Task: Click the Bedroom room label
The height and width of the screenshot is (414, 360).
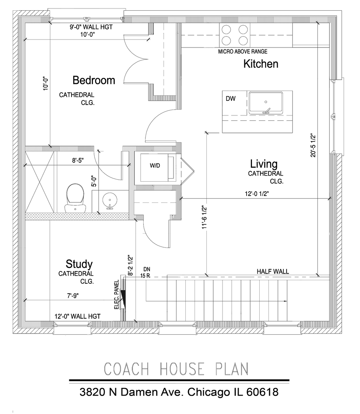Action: [x=94, y=80]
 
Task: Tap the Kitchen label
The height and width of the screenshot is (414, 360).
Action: [x=261, y=64]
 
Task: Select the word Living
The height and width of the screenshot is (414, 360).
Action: [x=264, y=164]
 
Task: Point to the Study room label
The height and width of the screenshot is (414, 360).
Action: [x=79, y=264]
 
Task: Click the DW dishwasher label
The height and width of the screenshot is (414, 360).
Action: [x=231, y=99]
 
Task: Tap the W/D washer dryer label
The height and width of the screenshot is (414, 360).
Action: [x=155, y=166]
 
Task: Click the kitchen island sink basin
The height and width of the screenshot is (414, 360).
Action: [x=266, y=103]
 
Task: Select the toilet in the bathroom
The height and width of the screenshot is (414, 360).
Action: [x=75, y=198]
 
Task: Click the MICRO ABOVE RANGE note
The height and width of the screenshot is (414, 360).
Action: [x=243, y=52]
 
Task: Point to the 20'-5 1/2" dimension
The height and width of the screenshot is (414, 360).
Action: [x=313, y=146]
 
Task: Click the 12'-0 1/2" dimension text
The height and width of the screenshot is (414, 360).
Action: [x=257, y=194]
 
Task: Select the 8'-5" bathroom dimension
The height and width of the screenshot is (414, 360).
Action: [x=78, y=161]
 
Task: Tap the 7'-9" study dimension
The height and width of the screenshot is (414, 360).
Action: [x=73, y=296]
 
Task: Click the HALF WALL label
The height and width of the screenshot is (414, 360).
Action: [x=273, y=272]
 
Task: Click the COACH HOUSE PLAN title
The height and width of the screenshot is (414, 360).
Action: [x=176, y=369]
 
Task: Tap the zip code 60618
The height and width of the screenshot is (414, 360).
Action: [x=262, y=392]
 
